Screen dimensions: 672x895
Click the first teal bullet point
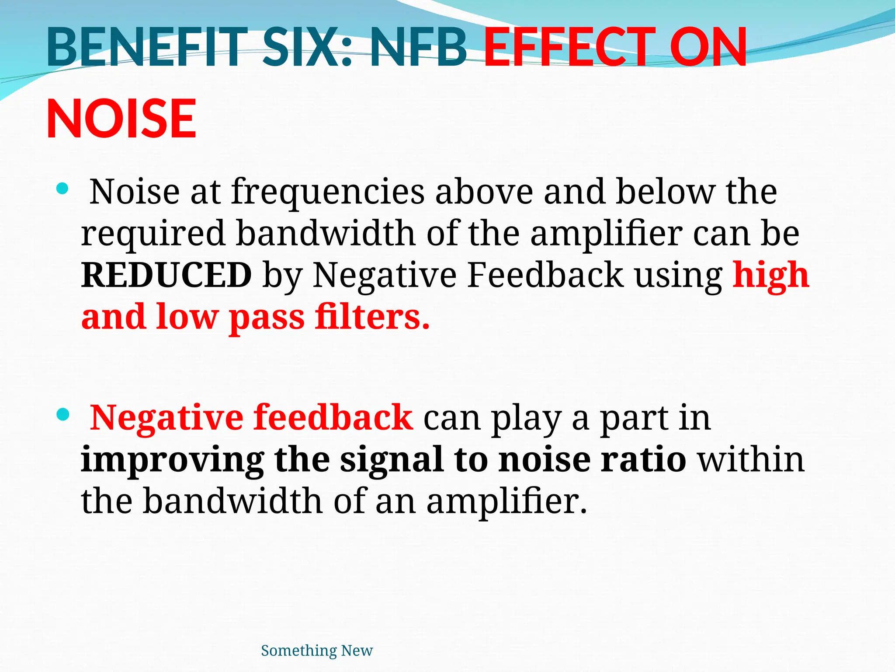pos(63,189)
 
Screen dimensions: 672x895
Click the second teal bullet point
pos(63,414)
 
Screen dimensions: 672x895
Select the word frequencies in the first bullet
pos(328,192)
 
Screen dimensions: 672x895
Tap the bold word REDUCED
pos(167,276)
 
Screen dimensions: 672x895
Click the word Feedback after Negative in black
pos(545,276)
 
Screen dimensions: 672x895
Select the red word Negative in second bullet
pos(167,418)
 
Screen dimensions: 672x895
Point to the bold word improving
pos(172,460)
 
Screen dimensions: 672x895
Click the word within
pos(751,460)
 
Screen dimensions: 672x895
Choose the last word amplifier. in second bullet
pos(507,501)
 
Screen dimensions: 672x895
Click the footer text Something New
pos(317,651)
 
